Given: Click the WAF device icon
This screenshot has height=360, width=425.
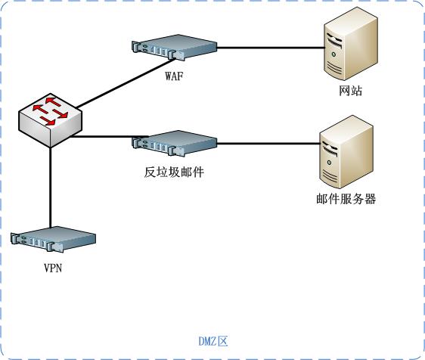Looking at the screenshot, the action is pos(174,47).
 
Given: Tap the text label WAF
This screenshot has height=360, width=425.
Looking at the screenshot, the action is pos(174,76).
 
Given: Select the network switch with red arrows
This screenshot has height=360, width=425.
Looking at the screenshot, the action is pos(50,120).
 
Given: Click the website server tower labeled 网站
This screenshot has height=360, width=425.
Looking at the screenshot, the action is pos(351,43).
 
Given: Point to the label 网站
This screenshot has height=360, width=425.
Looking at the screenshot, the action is pos(350,91).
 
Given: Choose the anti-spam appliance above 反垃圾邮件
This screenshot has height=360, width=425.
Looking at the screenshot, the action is pos(174,143).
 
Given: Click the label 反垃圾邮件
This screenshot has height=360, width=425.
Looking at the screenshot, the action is pos(174,172).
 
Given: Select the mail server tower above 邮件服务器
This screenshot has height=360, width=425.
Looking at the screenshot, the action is pos(346,152).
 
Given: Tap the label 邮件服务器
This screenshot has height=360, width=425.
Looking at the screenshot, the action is pos(346,199).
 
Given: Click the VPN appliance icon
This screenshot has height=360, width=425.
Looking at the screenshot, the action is pos(53,239).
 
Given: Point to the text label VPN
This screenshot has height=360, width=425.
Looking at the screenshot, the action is pos(53,268).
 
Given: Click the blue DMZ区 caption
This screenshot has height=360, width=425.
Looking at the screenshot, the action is pos(213,341).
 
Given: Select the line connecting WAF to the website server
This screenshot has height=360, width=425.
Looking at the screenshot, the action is pos(271,48).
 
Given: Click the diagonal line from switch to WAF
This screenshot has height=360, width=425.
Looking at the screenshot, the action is pos(126,83).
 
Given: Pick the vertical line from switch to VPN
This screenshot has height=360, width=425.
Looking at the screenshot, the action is pos(51,188).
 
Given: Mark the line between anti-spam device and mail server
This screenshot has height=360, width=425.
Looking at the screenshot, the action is pos(268,144).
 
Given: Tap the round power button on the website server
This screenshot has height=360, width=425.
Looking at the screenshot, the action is pos(333,54).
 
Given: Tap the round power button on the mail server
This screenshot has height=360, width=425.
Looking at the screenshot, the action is pos(329,163).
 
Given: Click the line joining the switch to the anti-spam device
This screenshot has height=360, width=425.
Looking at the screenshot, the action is pos(109,137).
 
